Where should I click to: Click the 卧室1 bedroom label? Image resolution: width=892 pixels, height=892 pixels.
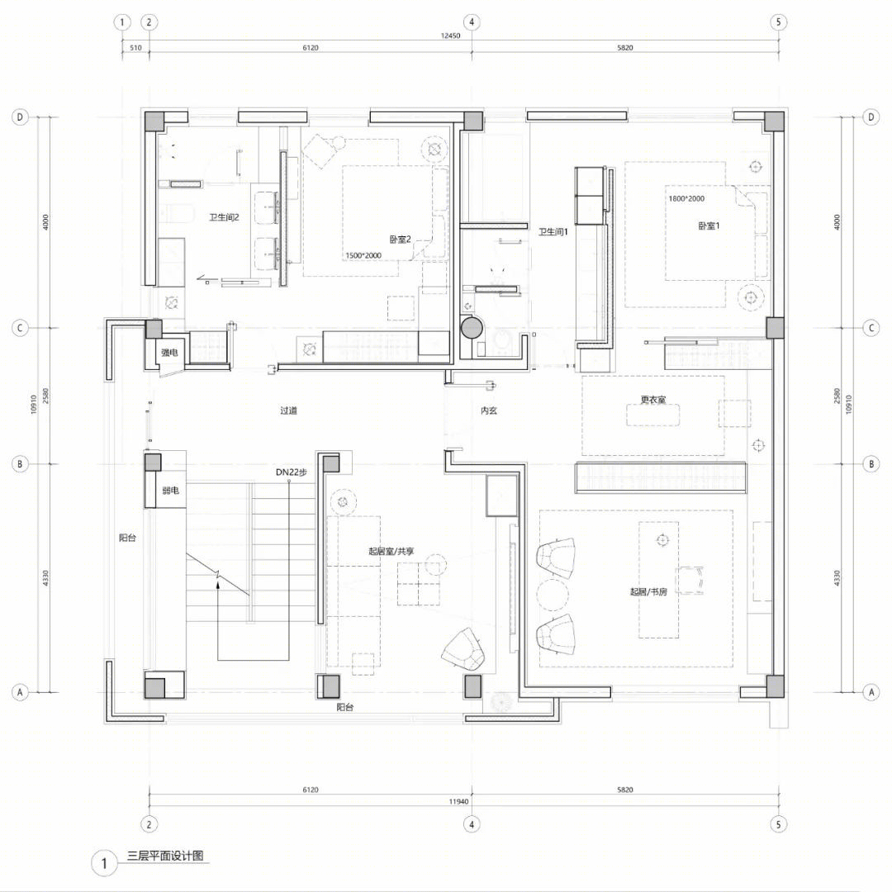point(709,225)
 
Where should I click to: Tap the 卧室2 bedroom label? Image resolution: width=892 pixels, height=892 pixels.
point(400,240)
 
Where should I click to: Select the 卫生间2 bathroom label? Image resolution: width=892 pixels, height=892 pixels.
point(224,217)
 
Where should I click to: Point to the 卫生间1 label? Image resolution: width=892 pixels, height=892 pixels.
point(553,231)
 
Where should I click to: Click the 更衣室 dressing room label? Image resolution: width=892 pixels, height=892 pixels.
point(653,400)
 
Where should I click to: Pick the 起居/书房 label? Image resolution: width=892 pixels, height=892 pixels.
point(648,591)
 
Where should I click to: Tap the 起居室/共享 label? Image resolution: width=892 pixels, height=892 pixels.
point(391,551)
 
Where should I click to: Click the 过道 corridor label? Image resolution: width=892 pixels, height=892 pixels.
point(288,410)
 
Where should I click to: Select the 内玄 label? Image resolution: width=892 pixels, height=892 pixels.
point(489,410)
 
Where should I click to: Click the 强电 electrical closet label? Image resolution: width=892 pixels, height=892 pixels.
point(169,353)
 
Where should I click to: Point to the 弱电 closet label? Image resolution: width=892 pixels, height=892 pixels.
point(171,491)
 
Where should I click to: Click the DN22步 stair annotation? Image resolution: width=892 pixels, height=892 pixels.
point(292,472)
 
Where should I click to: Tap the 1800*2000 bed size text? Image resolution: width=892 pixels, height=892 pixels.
point(686,198)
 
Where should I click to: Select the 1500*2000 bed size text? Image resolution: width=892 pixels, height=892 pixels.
point(363,255)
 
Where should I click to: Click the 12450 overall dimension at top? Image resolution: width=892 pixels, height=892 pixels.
point(451,36)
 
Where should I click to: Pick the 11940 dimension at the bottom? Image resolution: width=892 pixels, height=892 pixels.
point(458,801)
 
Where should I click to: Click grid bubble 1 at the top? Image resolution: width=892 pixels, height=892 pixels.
point(121,23)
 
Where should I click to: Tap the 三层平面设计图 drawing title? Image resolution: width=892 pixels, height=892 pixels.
point(165,856)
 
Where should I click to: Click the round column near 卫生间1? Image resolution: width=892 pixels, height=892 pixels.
point(472,328)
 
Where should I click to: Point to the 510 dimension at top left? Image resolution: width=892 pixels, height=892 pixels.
point(135,48)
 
